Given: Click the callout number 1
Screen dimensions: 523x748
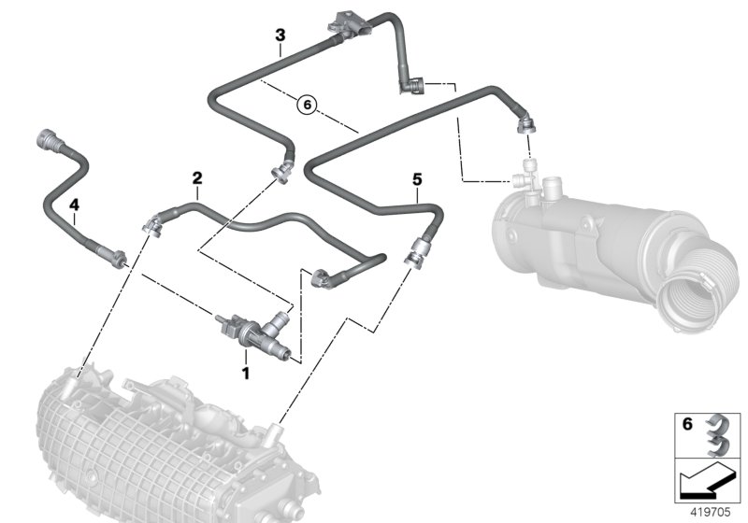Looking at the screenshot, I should [x=246, y=374].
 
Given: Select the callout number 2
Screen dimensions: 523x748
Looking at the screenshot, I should [x=197, y=177].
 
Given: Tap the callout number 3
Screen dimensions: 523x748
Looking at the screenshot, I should [x=280, y=35].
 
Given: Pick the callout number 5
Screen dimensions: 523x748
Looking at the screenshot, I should [x=416, y=177].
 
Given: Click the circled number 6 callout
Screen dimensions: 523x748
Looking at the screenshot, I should [x=308, y=105].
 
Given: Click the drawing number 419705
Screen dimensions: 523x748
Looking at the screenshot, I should [x=713, y=511].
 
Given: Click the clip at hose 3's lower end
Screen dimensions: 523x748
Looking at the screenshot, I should [x=280, y=172].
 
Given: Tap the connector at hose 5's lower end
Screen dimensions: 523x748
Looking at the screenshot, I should [x=414, y=251].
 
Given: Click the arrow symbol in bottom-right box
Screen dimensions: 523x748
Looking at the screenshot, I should [x=706, y=482].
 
